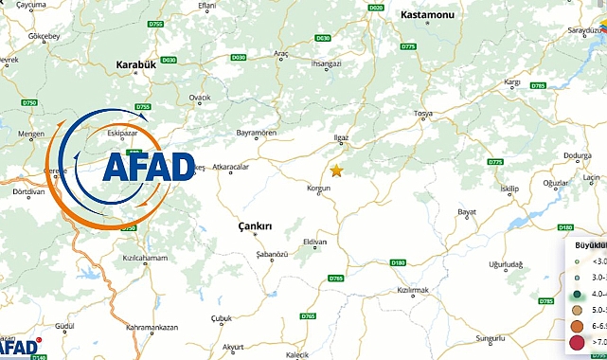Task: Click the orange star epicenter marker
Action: (336, 171)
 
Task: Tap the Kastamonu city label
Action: (402, 17)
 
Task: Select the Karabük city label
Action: (134, 65)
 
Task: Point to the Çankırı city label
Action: (253, 226)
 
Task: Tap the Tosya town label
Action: (423, 115)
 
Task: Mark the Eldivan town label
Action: (314, 242)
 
